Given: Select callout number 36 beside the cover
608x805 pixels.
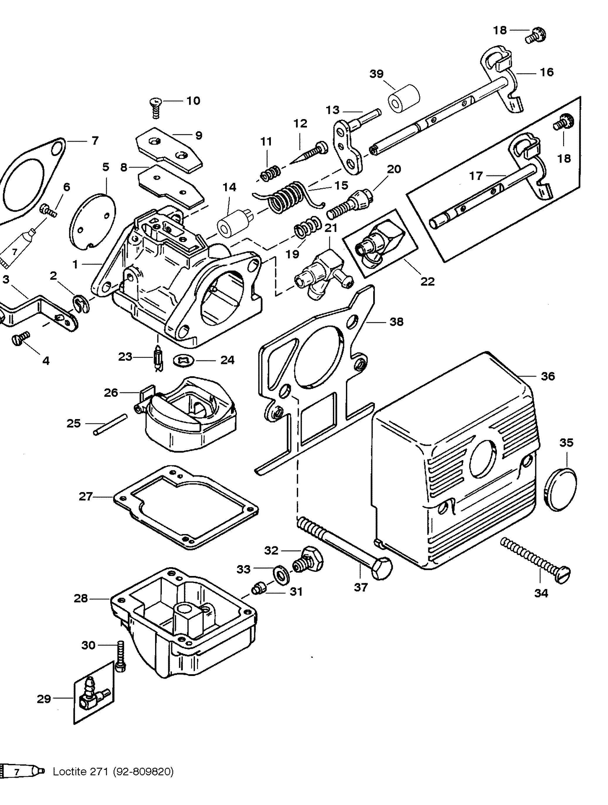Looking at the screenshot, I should [548, 376].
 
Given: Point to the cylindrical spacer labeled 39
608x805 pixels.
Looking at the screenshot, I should [403, 98].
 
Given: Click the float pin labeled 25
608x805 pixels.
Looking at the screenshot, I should [110, 424].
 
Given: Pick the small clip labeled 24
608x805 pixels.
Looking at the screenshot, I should [185, 360].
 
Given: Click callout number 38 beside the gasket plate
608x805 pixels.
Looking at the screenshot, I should [396, 322].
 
